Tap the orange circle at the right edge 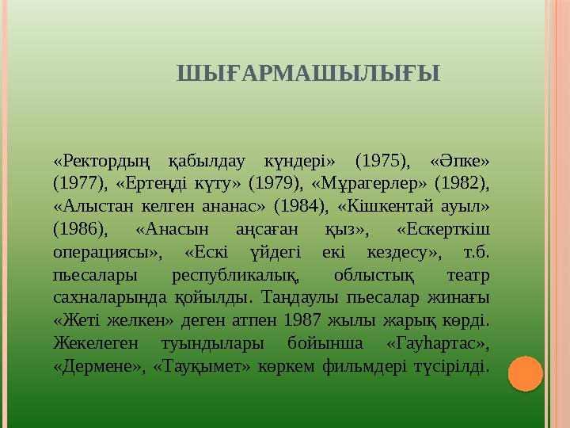(x=525, y=373)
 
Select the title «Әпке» (x=458, y=162)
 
